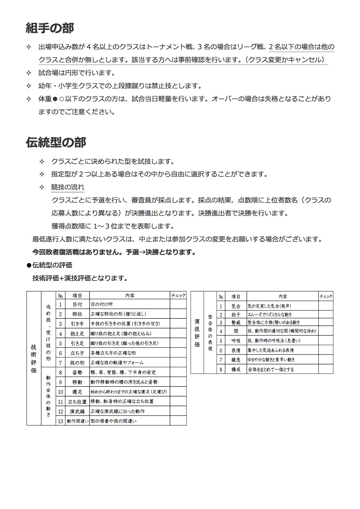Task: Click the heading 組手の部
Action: tap(50, 28)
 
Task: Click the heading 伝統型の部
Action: tap(56, 142)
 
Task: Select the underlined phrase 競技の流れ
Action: tap(67, 187)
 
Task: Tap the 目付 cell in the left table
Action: tap(77, 304)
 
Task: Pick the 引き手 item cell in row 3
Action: tap(77, 324)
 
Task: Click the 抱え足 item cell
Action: tap(77, 334)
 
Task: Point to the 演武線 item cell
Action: tap(77, 411)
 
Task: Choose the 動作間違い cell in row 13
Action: tap(77, 421)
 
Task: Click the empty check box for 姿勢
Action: tap(178, 372)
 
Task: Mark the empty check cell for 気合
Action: tap(326, 306)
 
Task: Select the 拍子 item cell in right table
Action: tap(236, 315)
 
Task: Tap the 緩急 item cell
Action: tap(236, 360)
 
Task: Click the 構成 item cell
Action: tap(236, 369)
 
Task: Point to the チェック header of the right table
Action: tap(326, 297)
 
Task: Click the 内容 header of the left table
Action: tap(130, 295)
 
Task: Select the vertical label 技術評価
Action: tap(34, 358)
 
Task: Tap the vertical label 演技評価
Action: tap(197, 333)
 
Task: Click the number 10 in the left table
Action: tap(61, 392)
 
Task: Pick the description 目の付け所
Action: tap(102, 304)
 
